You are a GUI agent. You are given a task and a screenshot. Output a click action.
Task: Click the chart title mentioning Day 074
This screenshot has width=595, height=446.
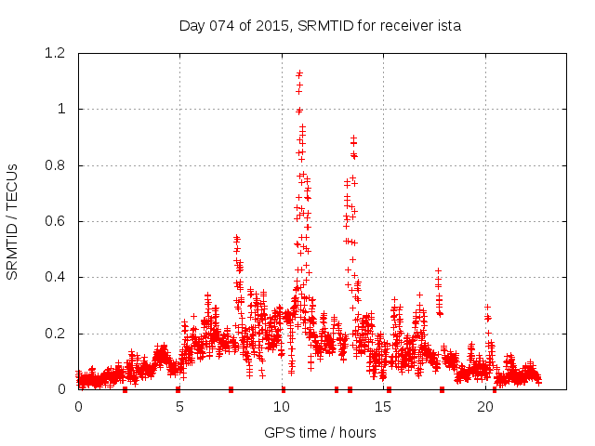tap(320, 26)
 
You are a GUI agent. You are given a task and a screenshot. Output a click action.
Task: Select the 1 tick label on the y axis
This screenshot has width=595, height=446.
tap(61, 109)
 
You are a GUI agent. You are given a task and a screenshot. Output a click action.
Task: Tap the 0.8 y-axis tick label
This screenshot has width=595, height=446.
tap(56, 165)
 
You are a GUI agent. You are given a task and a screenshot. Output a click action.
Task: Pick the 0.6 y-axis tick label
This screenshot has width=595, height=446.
tap(56, 221)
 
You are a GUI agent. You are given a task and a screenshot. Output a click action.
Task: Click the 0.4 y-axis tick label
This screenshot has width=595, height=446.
tap(56, 277)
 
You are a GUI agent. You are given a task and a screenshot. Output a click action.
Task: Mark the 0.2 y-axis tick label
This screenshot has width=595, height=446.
tap(56, 334)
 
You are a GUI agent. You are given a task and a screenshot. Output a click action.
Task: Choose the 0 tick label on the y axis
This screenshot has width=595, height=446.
tap(61, 389)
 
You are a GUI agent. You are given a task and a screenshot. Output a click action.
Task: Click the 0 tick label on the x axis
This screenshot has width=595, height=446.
tap(78, 407)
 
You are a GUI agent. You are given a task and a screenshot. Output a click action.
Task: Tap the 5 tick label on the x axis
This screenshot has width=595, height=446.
tap(180, 407)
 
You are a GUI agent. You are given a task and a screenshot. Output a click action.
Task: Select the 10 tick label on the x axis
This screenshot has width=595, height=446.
tap(283, 407)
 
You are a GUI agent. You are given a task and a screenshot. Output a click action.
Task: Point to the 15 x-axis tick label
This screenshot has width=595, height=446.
tap(384, 407)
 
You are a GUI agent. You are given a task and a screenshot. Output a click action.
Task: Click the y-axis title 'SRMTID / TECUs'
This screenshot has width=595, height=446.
tap(12, 221)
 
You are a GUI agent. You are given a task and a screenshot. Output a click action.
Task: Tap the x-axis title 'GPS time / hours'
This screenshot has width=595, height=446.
tap(320, 432)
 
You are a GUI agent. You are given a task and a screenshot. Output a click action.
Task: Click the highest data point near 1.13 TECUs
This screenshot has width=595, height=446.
tap(299, 73)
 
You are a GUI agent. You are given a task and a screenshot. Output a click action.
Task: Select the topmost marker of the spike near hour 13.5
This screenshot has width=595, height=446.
tap(353, 138)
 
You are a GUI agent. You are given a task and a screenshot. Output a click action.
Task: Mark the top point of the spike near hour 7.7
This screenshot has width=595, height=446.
tap(236, 238)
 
